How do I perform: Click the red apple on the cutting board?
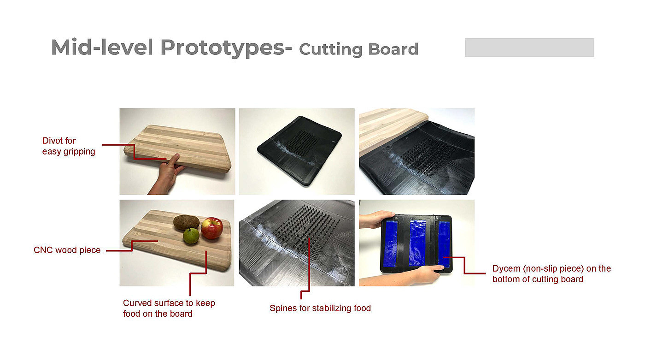pos(212,228)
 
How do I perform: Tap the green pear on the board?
pos(191,236)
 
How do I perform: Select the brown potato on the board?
pos(186,222)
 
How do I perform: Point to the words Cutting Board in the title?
pos(359,49)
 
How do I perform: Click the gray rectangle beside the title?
pos(529,47)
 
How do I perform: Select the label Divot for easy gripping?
pos(69,146)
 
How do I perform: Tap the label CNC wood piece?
pos(67,250)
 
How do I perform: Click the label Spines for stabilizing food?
pos(320,308)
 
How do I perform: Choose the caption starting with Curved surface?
pos(169,308)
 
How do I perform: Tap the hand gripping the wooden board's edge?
pos(167,174)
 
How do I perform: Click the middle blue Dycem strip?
pos(417,243)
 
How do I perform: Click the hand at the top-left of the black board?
pos(376,219)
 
